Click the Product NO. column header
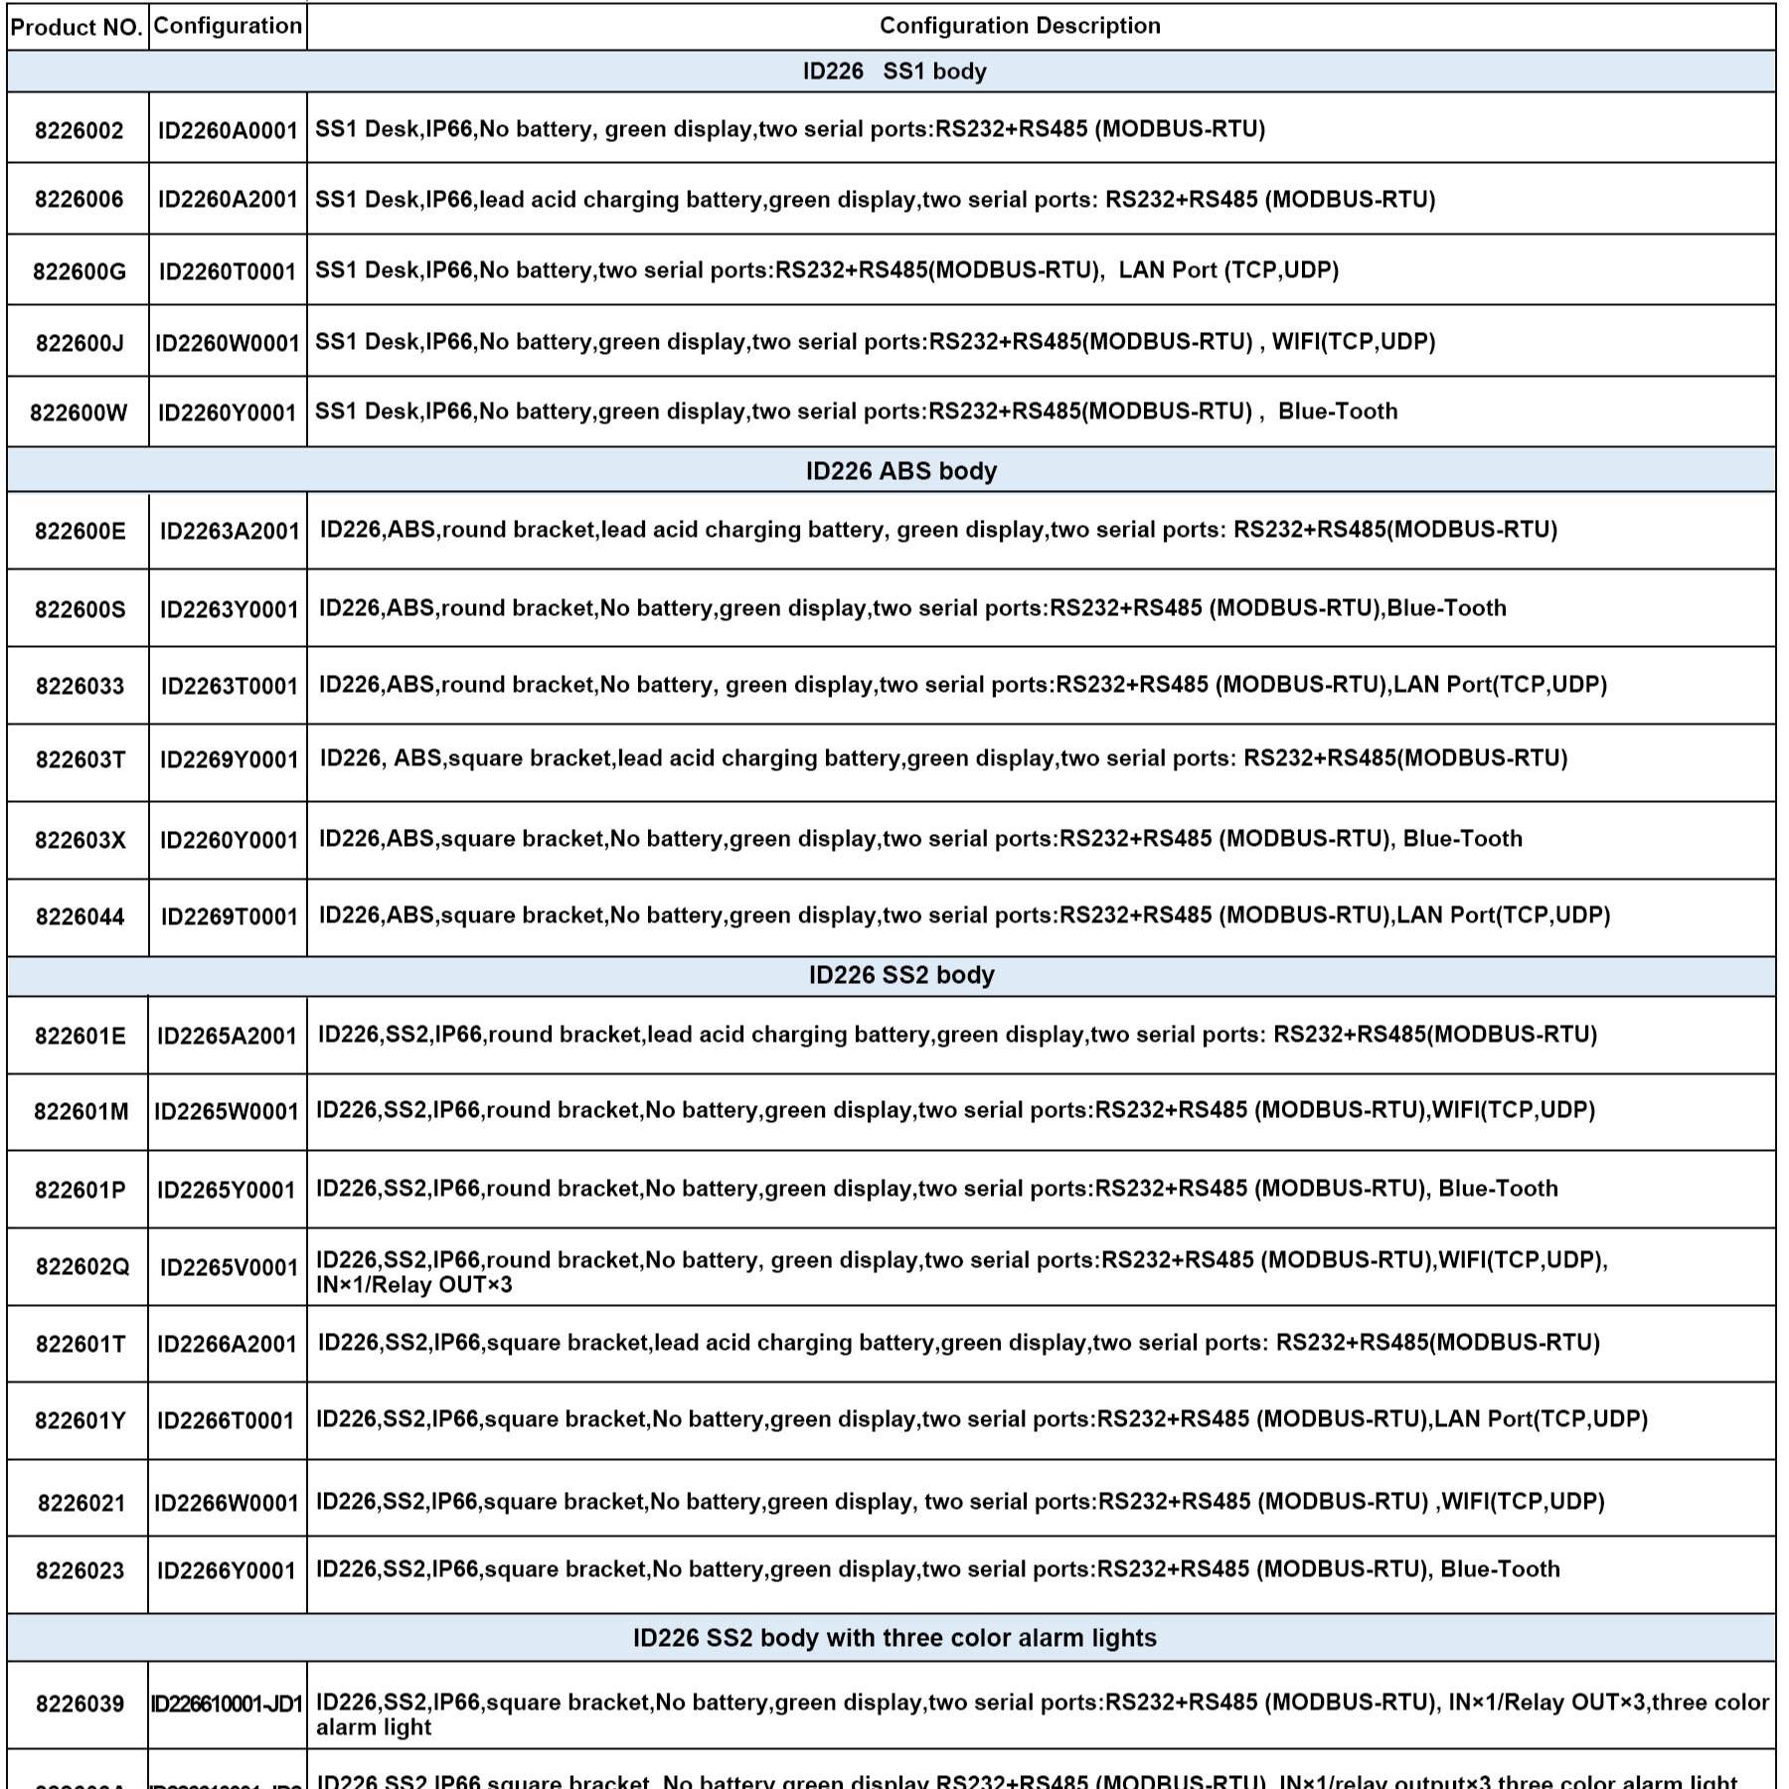(x=77, y=27)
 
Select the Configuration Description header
(x=1020, y=26)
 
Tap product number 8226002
(x=80, y=130)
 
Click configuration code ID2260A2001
(x=228, y=200)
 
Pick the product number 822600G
(x=80, y=271)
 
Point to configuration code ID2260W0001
(x=228, y=343)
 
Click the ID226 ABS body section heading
(x=900, y=471)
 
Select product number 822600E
(x=81, y=532)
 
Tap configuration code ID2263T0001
(x=230, y=687)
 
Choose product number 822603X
(x=81, y=841)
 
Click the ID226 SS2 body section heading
(x=900, y=975)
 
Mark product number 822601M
(x=81, y=1112)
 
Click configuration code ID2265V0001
(x=229, y=1268)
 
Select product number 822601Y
(x=81, y=1421)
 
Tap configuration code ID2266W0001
(x=227, y=1504)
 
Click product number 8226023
(x=81, y=1571)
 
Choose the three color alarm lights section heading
(x=894, y=1638)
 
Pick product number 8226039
(x=81, y=1705)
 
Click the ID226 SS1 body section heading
(x=894, y=72)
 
